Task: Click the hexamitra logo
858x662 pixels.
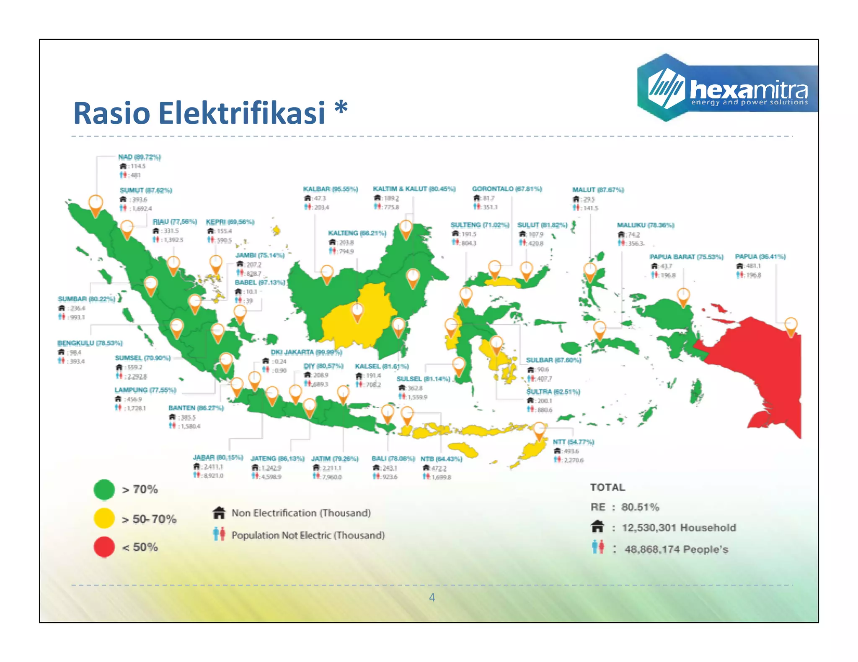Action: coord(727,88)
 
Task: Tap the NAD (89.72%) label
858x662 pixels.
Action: coord(140,157)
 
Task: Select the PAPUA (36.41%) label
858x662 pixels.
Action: coord(760,257)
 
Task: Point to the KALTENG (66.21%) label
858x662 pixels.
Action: coord(357,233)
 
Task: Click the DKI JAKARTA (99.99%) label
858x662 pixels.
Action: coord(306,352)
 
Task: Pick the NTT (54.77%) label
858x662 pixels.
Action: coord(573,442)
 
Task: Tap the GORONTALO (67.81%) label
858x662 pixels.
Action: coord(507,189)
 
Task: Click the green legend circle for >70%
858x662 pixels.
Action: coord(104,490)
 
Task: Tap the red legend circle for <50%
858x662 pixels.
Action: coord(104,547)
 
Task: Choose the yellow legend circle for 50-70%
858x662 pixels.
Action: coord(104,518)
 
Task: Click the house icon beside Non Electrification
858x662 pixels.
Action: coord(219,513)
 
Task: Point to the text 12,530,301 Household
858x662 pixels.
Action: coord(679,528)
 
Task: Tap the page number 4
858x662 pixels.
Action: coord(432,598)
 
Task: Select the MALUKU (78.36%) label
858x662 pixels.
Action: coord(645,225)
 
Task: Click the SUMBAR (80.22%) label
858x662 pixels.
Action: coord(86,299)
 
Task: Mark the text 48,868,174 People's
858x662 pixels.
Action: coord(676,549)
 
